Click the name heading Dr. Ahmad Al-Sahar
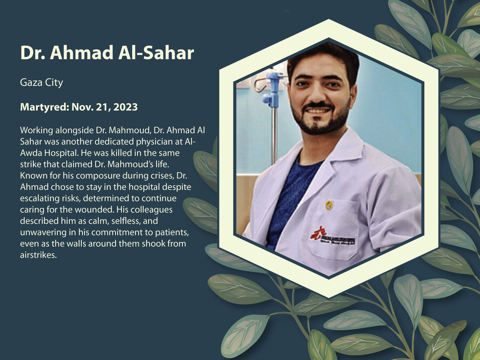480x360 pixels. click(107, 52)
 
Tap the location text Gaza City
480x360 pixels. click(41, 82)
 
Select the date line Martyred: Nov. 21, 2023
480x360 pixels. click(79, 107)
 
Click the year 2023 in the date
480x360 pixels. click(125, 107)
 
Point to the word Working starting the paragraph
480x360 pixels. click(36, 130)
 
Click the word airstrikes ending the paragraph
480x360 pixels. click(38, 255)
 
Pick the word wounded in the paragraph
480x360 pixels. click(94, 210)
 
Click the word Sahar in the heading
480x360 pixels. click(169, 53)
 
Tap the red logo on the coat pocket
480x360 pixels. click(318, 233)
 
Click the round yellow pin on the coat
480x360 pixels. click(329, 205)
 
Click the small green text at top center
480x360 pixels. click(286, 10)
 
